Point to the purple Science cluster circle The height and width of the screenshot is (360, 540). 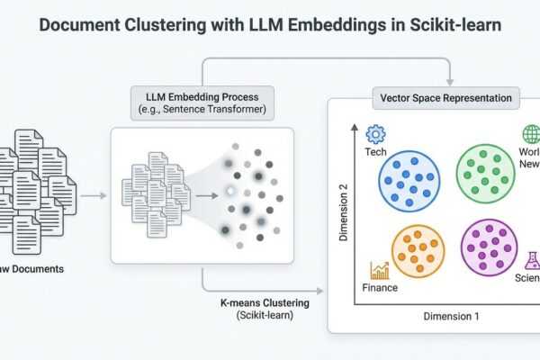489,247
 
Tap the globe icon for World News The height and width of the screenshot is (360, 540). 530,135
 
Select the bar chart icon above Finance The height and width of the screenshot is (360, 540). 380,270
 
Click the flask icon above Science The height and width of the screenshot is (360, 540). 531,262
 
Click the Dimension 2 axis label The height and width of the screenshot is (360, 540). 343,211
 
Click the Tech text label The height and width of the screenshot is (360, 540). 377,152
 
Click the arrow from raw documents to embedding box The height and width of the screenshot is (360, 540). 92,193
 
